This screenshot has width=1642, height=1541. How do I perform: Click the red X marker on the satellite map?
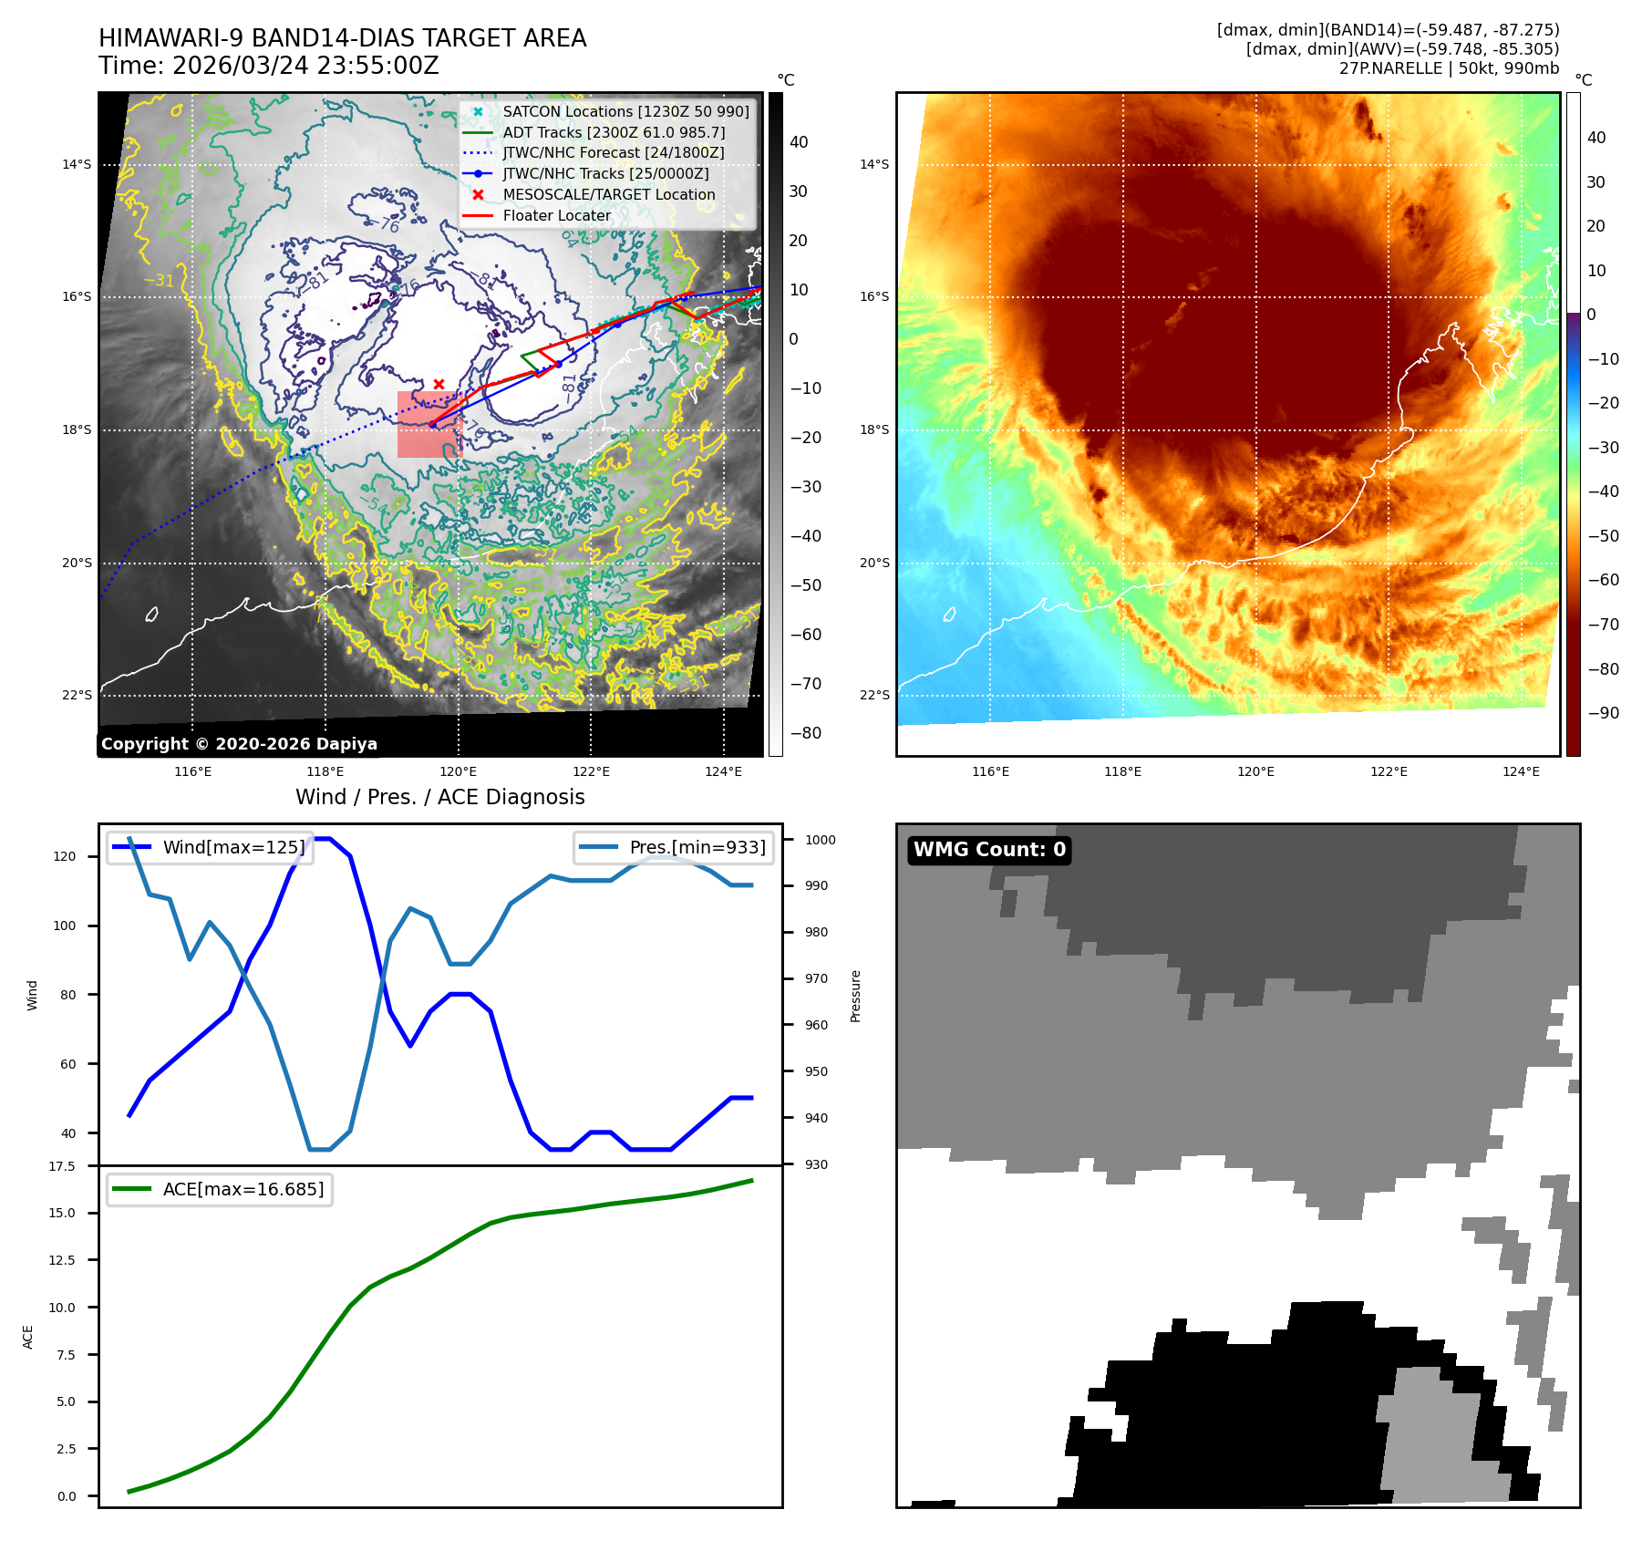click(x=439, y=384)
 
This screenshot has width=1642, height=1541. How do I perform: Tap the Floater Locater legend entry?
click(x=556, y=215)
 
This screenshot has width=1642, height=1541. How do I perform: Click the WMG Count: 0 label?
click(x=989, y=850)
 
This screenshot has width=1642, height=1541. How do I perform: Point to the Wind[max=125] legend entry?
click(x=233, y=847)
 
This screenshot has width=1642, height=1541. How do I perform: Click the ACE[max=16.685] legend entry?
click(x=243, y=1189)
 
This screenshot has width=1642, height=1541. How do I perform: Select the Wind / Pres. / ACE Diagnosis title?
click(x=439, y=797)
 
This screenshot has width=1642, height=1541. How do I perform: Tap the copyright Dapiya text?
click(x=239, y=744)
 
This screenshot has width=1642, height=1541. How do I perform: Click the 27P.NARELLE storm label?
click(x=1449, y=68)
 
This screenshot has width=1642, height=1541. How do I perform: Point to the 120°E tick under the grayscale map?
click(x=458, y=771)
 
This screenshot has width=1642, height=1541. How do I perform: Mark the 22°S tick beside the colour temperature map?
click(x=873, y=695)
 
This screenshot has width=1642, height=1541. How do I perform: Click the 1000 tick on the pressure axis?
click(x=820, y=840)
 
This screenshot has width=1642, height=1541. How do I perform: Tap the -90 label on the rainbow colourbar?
click(x=1603, y=713)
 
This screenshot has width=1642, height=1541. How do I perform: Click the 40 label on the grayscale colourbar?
click(x=799, y=141)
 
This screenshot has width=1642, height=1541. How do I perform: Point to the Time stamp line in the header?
click(x=269, y=66)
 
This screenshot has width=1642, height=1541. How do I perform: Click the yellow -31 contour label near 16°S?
click(x=159, y=280)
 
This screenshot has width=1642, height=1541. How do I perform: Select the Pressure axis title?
click(x=855, y=996)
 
